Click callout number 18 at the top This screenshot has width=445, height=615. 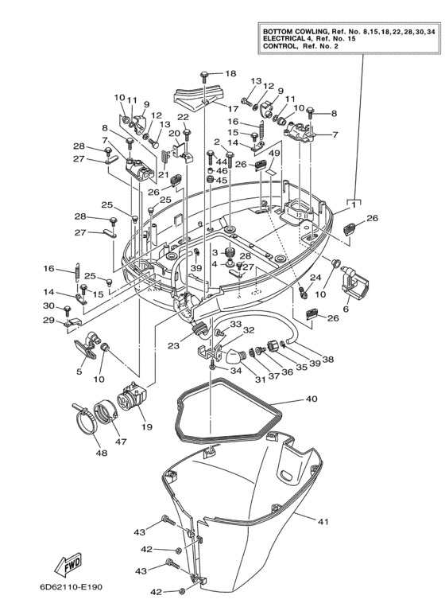pyautogui.click(x=230, y=73)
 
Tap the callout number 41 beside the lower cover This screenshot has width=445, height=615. pyautogui.click(x=322, y=522)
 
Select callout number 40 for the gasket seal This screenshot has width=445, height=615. pyautogui.click(x=311, y=399)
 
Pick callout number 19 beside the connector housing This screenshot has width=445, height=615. pyautogui.click(x=146, y=427)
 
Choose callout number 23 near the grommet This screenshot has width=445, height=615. pyautogui.click(x=174, y=345)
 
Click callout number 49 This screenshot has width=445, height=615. pyautogui.click(x=274, y=153)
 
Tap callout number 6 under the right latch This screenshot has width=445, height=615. pyautogui.click(x=346, y=309)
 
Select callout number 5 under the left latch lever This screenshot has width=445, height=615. pyautogui.click(x=79, y=371)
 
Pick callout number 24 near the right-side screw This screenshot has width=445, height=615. pyautogui.click(x=315, y=277)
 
